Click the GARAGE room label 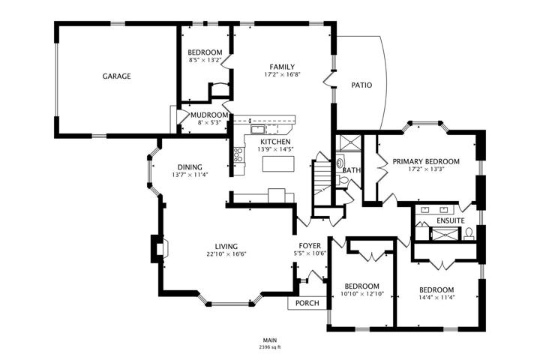point(116,76)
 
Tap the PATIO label point(361,85)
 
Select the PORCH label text point(307,303)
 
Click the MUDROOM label point(209,115)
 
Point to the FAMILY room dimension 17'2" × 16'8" point(282,74)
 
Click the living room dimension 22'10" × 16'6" point(226,254)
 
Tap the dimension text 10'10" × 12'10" point(362,295)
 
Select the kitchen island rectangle point(278,163)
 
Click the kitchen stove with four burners point(238,154)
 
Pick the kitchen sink point(257,130)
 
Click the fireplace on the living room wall point(160,248)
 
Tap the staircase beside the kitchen point(322,178)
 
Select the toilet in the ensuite point(469,233)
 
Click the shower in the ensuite point(445,235)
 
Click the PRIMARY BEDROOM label point(426,161)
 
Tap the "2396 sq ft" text point(270,347)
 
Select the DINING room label point(190,167)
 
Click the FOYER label point(310,246)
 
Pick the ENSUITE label point(451,220)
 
